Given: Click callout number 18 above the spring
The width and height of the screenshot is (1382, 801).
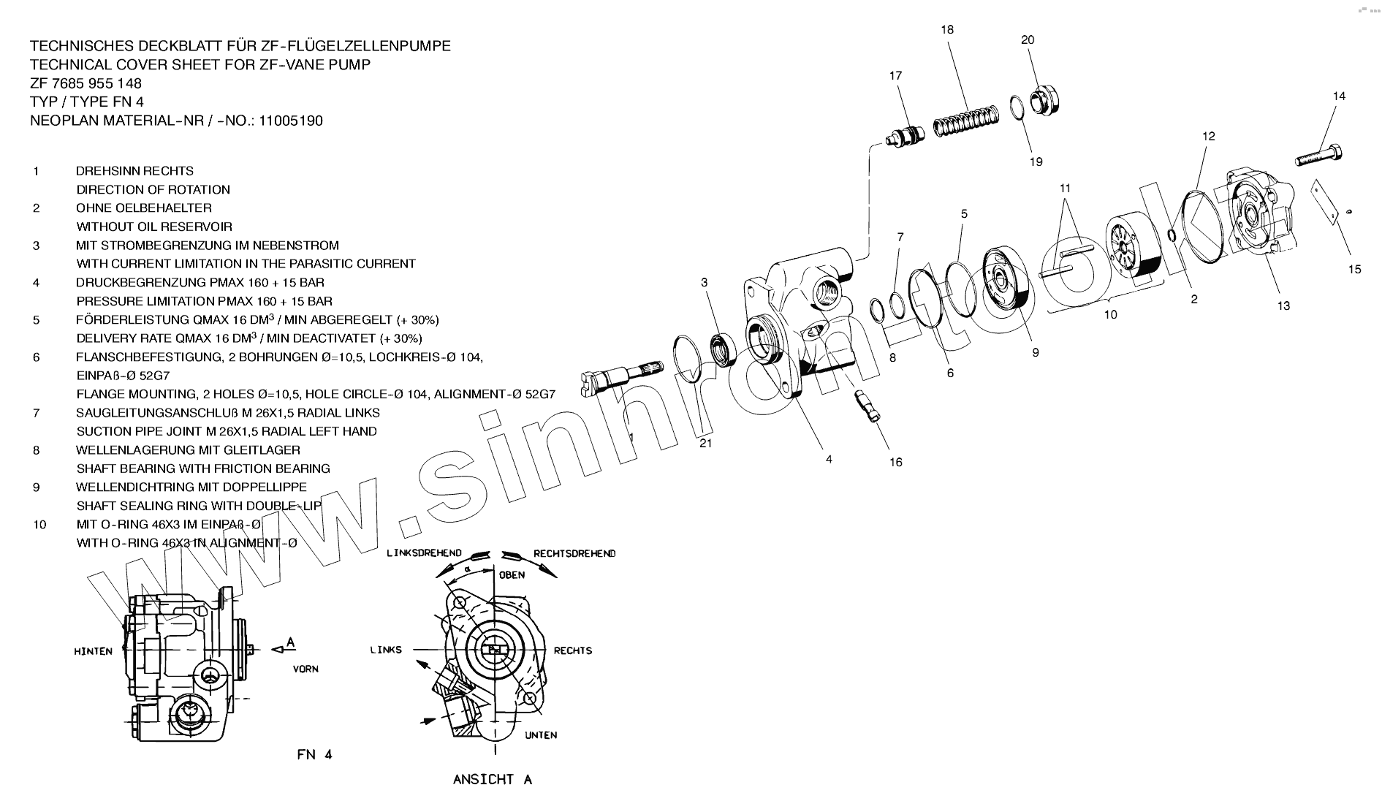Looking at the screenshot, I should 947,30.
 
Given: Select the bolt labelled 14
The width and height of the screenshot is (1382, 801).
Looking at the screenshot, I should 1321,156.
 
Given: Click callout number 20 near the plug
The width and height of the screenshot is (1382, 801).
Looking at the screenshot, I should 1028,40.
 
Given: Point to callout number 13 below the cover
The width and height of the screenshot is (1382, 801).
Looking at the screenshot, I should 1283,306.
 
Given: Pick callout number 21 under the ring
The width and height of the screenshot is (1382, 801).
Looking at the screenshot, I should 705,443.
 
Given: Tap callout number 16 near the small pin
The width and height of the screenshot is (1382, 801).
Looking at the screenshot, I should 895,462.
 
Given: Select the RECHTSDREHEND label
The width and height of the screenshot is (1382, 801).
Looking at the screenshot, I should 574,553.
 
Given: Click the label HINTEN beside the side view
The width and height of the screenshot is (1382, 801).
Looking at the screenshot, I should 93,651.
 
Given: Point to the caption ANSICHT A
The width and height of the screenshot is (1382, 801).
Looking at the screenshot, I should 492,779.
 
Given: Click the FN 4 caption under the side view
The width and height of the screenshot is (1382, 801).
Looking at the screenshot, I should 314,754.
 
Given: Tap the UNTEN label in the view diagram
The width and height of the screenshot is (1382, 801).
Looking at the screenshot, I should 541,735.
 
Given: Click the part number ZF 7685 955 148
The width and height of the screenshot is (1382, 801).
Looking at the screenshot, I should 86,83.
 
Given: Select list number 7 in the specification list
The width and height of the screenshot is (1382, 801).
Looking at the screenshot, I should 36,413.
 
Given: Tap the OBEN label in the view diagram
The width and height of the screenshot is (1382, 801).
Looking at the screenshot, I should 512,575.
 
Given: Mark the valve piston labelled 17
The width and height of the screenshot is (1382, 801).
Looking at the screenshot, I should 905,136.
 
